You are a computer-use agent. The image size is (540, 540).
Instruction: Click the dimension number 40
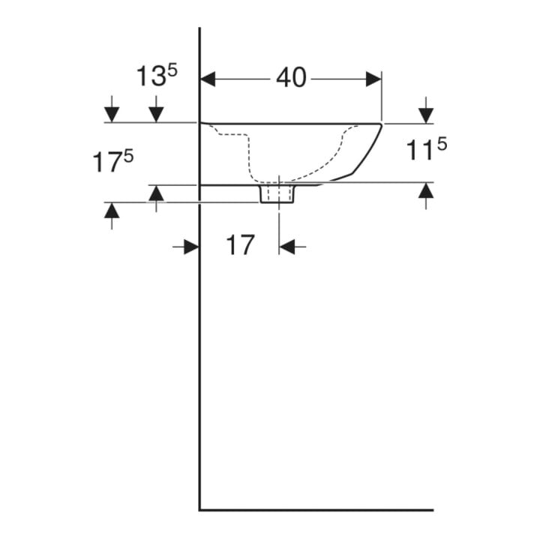pyautogui.click(x=291, y=77)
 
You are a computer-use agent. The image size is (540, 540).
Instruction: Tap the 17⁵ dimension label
pyautogui.click(x=113, y=161)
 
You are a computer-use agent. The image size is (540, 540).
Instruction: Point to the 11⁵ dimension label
pyautogui.click(x=427, y=148)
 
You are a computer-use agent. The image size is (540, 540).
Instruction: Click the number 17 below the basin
pyautogui.click(x=240, y=244)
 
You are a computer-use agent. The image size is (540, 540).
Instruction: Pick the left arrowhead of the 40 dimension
pyautogui.click(x=208, y=79)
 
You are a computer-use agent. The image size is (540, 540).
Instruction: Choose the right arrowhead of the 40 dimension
pyautogui.click(x=373, y=79)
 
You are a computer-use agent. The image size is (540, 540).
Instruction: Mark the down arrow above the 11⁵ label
pyautogui.click(x=426, y=109)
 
